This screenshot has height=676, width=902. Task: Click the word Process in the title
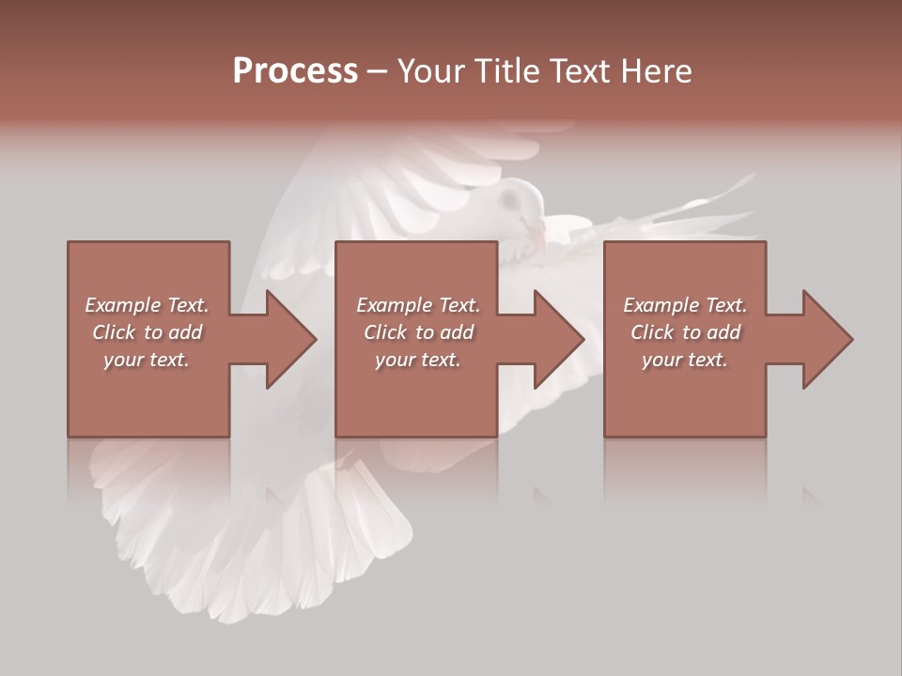(x=295, y=71)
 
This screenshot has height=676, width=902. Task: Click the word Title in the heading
(x=507, y=71)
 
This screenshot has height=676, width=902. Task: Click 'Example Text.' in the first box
(x=147, y=305)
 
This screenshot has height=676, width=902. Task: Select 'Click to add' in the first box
(x=147, y=332)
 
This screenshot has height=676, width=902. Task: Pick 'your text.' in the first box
(x=147, y=360)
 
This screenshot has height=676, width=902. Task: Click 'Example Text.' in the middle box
(x=417, y=305)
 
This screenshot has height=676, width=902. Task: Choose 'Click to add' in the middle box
(x=417, y=332)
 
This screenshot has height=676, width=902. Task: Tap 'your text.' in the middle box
(x=417, y=360)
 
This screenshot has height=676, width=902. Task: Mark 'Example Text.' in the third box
(x=685, y=305)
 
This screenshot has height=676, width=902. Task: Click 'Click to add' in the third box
(x=685, y=332)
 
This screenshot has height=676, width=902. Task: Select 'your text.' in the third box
(x=685, y=360)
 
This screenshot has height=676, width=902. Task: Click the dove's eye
(x=512, y=199)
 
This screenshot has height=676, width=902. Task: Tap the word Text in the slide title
(x=582, y=71)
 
